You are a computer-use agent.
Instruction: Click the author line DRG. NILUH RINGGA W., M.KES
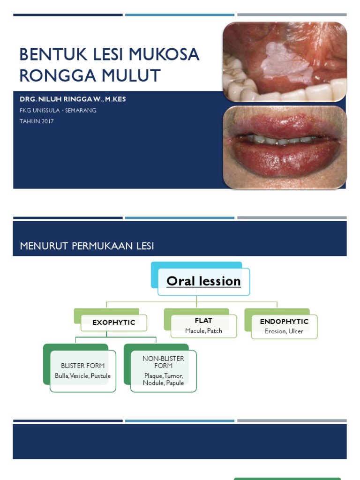[x=73, y=99]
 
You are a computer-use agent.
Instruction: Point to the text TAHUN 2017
[x=37, y=121]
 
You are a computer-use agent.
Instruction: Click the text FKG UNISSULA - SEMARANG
[x=58, y=111]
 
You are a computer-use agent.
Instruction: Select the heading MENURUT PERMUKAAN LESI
[x=87, y=246]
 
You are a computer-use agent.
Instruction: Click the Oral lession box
[x=203, y=281]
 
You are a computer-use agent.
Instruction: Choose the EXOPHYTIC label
[x=114, y=322]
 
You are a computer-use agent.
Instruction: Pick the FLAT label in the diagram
[x=203, y=321]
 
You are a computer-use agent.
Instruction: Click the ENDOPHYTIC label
[x=284, y=322]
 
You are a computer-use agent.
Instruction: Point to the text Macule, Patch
[x=203, y=331]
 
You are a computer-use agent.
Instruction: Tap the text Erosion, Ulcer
[x=284, y=331]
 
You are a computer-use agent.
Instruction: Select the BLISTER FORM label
[x=82, y=366]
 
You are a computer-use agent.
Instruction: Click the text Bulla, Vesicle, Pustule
[x=82, y=376]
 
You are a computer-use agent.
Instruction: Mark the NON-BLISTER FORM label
[x=163, y=362]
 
